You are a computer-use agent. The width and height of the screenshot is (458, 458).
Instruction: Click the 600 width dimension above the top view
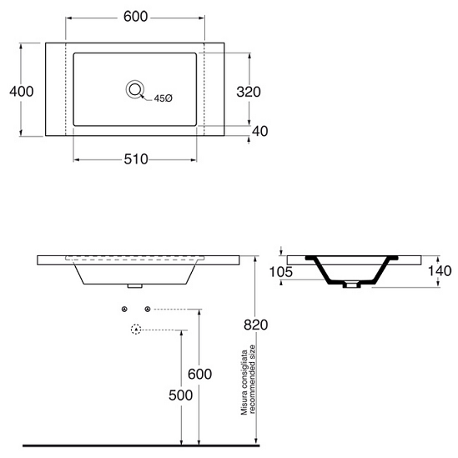click(135, 17)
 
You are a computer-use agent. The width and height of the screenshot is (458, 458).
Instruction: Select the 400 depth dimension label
click(22, 92)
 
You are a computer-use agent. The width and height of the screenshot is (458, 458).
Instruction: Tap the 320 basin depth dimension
click(249, 92)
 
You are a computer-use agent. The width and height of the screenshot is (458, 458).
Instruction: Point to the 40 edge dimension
click(260, 131)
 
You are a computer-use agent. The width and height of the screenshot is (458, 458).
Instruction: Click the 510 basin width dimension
click(136, 159)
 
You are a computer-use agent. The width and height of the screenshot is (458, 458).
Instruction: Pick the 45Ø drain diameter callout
click(164, 98)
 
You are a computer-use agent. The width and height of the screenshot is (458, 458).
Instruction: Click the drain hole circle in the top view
click(135, 89)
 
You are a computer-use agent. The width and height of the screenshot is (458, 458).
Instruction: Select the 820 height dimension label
click(255, 325)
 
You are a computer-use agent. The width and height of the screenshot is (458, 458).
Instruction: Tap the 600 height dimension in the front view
click(199, 374)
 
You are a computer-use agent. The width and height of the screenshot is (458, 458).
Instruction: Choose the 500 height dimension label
click(180, 395)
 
